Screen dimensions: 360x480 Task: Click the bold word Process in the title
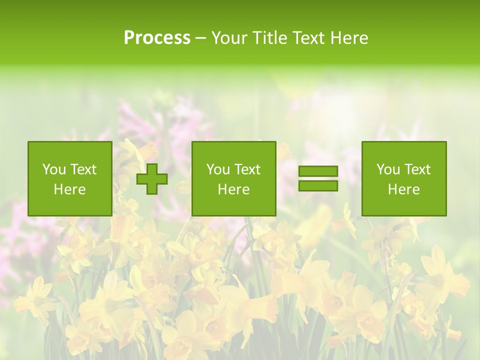point(157,38)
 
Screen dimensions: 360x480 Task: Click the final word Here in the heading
point(348,38)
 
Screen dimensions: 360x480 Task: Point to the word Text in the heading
point(307,38)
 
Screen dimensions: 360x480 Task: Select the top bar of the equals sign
point(318,171)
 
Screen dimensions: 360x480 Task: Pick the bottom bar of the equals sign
point(318,186)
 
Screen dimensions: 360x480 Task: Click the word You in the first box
point(54,169)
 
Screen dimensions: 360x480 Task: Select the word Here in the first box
point(69,189)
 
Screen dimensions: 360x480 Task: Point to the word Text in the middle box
point(247,169)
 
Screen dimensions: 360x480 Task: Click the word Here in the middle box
point(233,189)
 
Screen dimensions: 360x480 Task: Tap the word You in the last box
point(388,169)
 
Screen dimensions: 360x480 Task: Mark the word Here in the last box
point(403,189)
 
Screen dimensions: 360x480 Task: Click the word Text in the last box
point(417,169)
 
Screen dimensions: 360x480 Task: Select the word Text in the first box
point(83,169)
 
